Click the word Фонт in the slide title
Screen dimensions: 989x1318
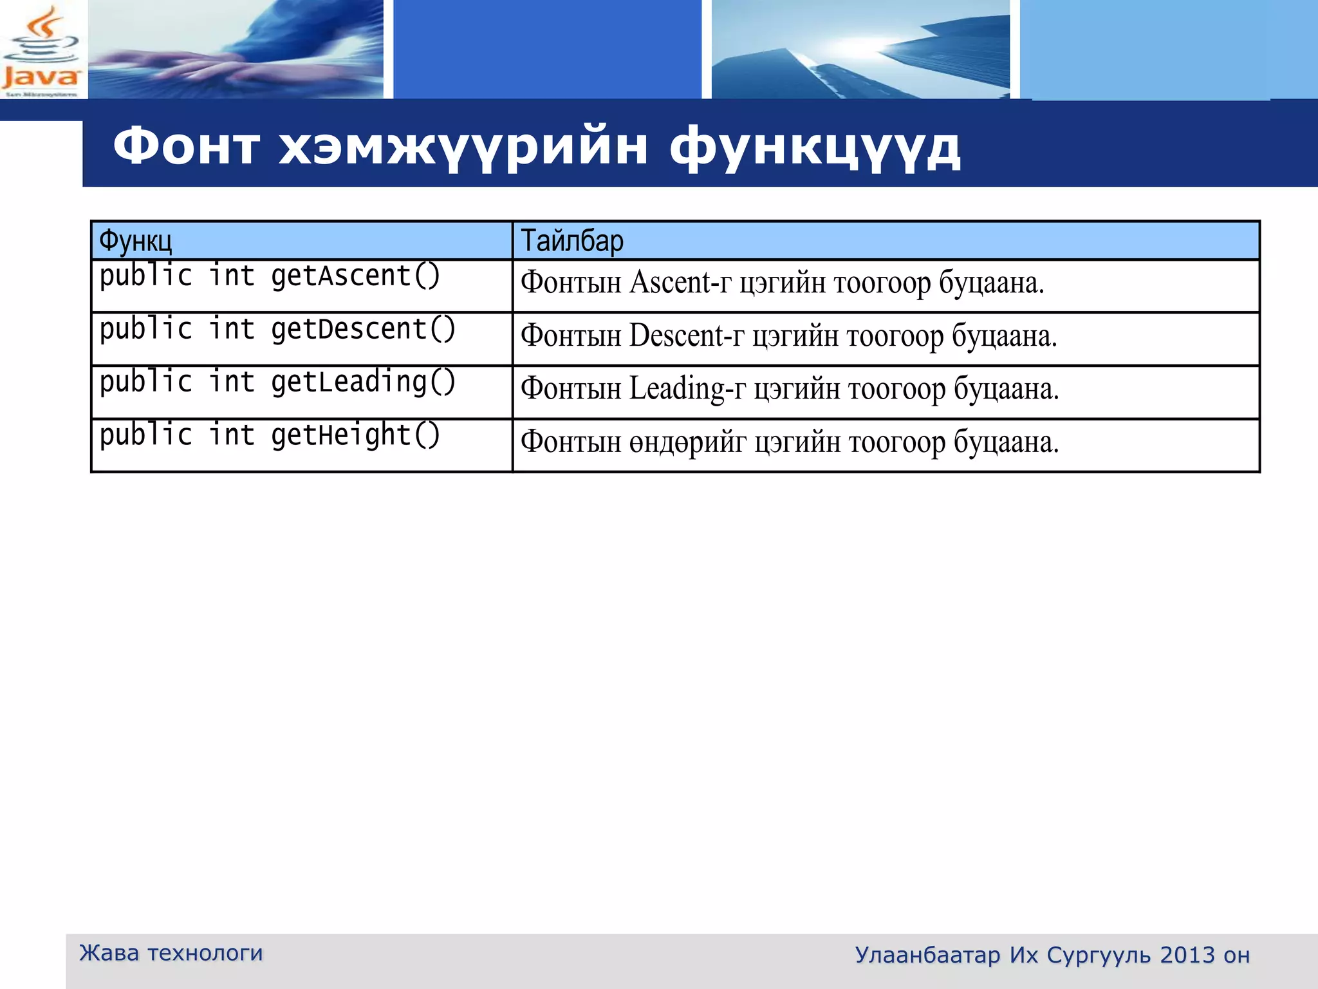pos(186,147)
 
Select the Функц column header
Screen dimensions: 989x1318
pos(135,241)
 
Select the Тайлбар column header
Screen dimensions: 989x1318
pos(571,241)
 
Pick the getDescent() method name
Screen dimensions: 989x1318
pos(363,330)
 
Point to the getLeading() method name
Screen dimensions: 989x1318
pos(363,382)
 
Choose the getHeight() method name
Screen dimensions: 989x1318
pos(355,436)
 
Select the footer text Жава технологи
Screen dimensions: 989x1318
pos(171,953)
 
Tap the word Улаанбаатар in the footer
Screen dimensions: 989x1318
pos(927,956)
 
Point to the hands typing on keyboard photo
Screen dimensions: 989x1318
pos(236,50)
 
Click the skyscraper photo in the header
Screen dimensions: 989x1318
pos(860,50)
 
